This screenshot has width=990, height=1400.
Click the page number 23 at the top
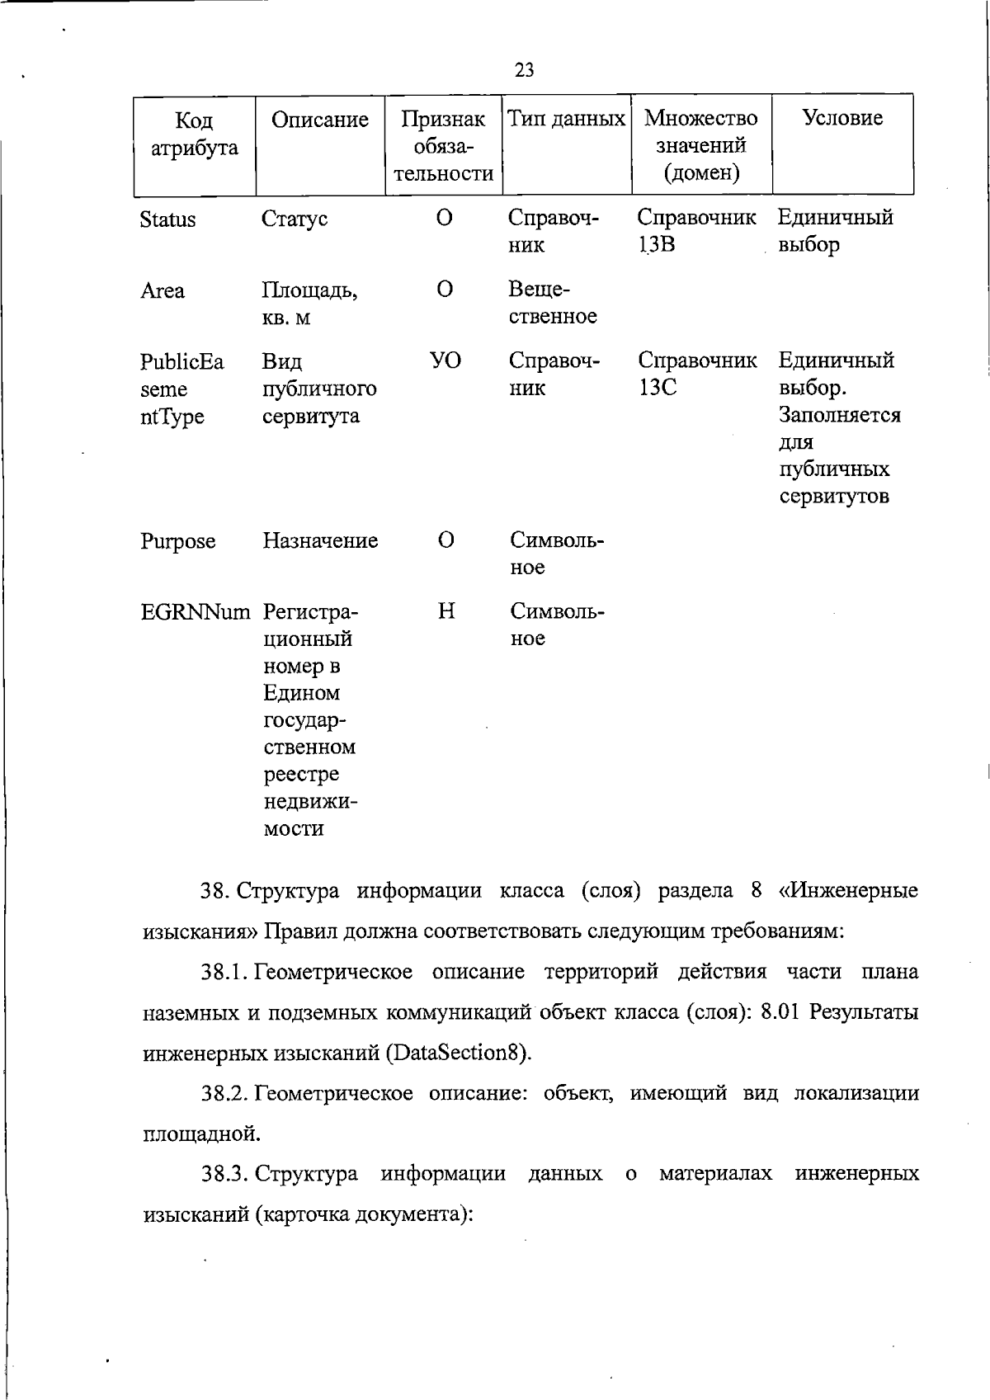pos(524,70)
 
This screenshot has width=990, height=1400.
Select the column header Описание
pos(319,120)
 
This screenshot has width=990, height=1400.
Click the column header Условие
pos(842,118)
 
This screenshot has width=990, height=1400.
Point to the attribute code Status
pos(167,220)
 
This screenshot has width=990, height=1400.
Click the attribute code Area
pos(162,291)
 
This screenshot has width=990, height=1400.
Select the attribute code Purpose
pos(177,542)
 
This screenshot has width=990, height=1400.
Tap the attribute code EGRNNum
pos(195,613)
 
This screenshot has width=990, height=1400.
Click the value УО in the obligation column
pos(445,361)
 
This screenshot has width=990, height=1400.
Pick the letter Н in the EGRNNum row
pos(445,611)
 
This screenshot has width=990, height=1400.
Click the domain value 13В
pos(657,245)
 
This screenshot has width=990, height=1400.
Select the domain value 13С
pos(657,388)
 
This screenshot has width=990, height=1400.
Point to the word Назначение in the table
pos(320,541)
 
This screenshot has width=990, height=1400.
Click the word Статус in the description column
pos(295,219)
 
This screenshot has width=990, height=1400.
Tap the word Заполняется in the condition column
pos(839,415)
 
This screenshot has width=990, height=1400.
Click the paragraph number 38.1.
pos(225,973)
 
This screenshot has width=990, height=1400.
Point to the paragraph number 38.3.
pos(225,1174)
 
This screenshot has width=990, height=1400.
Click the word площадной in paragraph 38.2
pos(201,1134)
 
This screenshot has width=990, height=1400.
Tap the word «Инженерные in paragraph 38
pos(848,892)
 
